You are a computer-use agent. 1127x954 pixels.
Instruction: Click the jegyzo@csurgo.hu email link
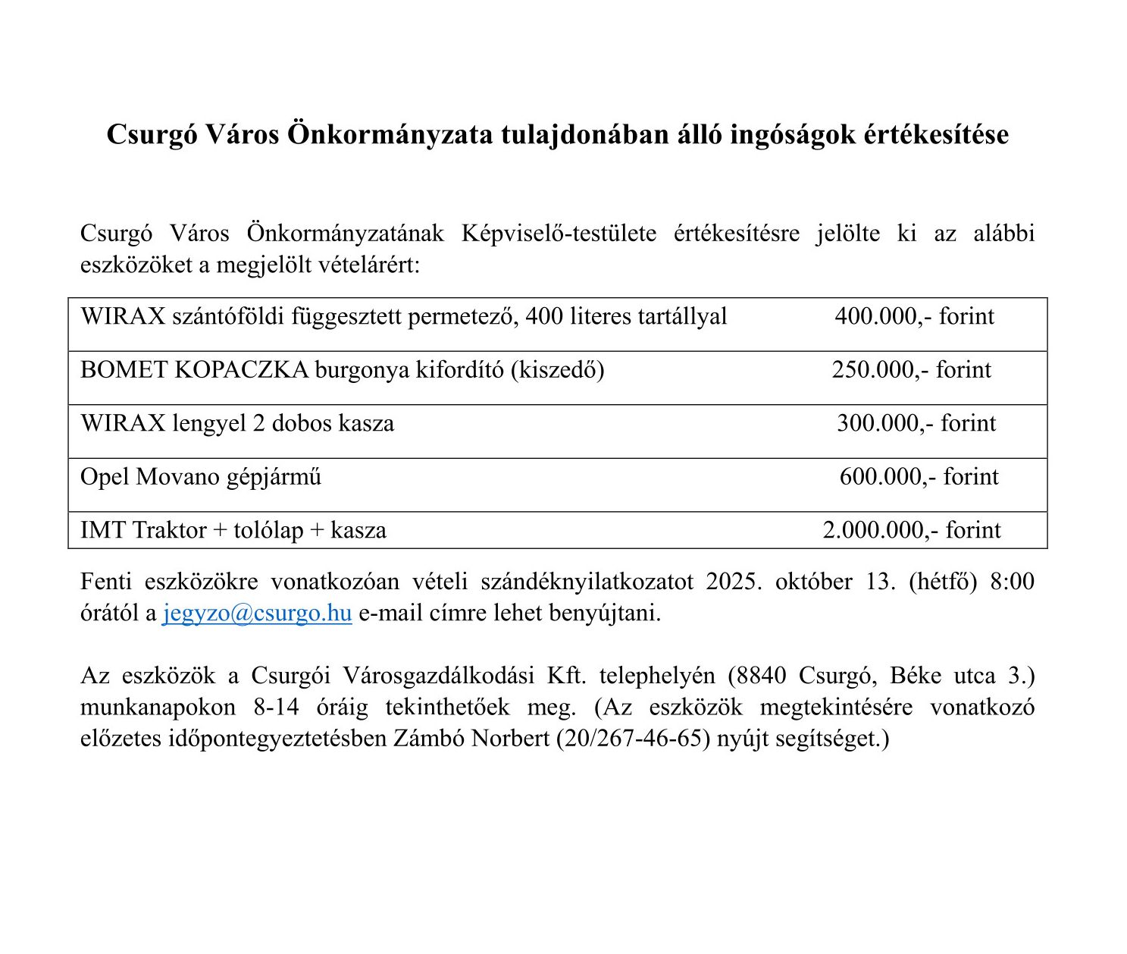click(257, 613)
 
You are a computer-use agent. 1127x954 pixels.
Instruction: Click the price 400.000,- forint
click(914, 316)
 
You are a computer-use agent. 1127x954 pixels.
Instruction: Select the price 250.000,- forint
click(911, 370)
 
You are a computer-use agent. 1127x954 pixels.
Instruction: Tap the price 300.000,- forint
click(916, 423)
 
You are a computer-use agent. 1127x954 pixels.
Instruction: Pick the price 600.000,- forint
click(919, 477)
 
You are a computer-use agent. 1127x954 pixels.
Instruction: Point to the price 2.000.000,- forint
click(911, 530)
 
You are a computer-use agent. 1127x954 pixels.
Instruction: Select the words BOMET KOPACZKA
click(194, 370)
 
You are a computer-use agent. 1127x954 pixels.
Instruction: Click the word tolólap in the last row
click(268, 530)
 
